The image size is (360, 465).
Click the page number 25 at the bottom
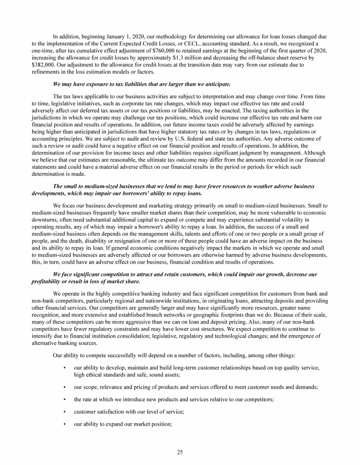[x=180, y=452]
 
